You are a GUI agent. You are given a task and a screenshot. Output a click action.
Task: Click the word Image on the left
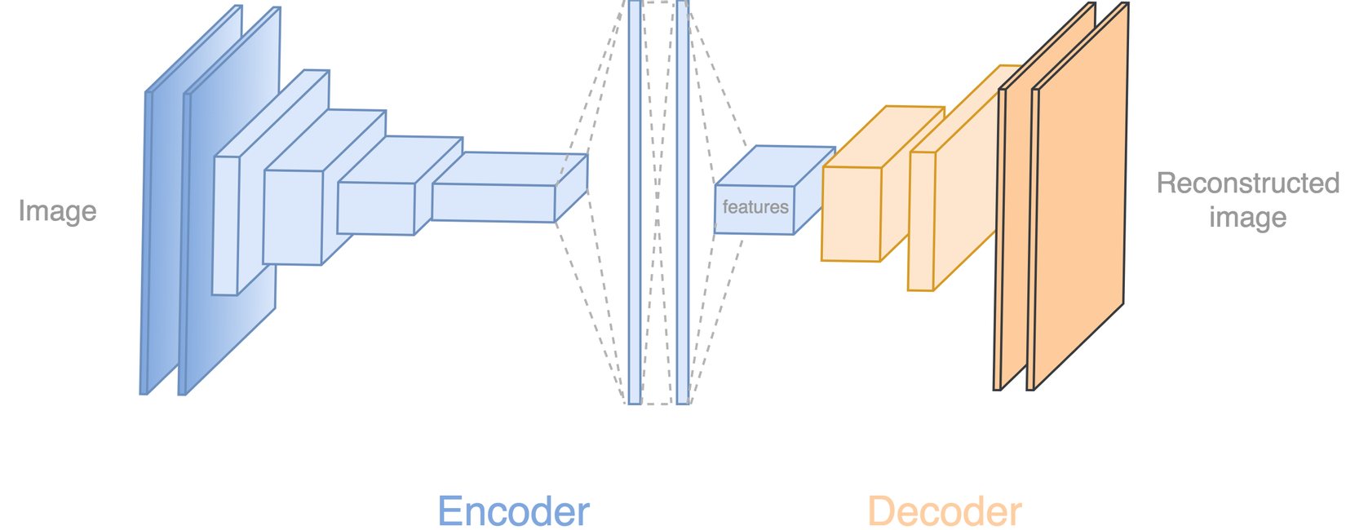click(x=57, y=211)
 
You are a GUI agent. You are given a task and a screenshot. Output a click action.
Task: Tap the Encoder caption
click(x=513, y=512)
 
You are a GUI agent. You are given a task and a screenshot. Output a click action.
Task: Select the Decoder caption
click(x=944, y=512)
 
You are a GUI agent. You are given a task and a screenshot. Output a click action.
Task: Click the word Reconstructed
click(x=1247, y=183)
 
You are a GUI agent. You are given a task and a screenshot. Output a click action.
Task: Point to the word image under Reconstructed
click(x=1247, y=218)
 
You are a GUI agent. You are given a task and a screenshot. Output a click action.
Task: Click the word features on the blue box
click(x=755, y=208)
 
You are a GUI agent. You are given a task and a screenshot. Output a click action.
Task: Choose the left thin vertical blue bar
click(x=635, y=204)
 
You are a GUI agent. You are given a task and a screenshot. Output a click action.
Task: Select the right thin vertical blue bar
click(x=682, y=204)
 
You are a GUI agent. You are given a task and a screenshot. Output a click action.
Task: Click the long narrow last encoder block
click(x=494, y=202)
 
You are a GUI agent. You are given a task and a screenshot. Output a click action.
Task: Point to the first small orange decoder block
click(x=851, y=214)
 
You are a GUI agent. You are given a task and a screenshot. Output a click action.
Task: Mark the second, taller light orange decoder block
click(x=922, y=221)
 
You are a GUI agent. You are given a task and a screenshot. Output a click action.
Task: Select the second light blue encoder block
click(x=293, y=217)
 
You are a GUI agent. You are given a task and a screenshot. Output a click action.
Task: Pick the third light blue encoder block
click(x=375, y=208)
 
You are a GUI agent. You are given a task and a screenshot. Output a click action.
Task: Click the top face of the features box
click(x=775, y=166)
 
